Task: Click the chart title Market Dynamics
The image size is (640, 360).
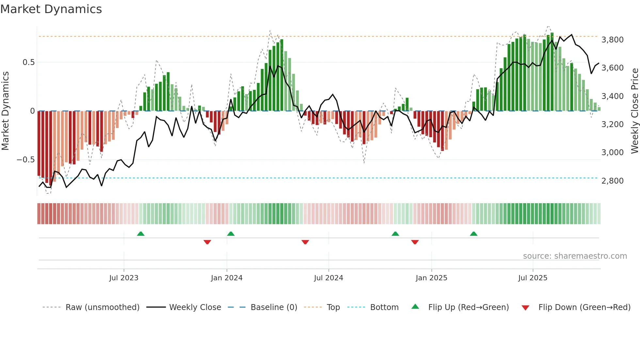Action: [x=51, y=9]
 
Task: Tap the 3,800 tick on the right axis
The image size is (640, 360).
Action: [x=612, y=40]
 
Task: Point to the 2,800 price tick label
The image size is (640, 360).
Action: [x=612, y=181]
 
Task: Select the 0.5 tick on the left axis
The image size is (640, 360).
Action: [x=28, y=62]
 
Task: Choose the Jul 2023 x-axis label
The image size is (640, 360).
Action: [x=124, y=278]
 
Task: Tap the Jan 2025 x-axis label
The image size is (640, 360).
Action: [x=431, y=278]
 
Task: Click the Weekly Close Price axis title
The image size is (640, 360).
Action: [x=634, y=111]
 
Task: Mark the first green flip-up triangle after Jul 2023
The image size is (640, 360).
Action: [x=141, y=234]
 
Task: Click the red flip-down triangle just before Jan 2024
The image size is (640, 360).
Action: [x=207, y=242]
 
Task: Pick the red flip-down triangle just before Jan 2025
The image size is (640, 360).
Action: [x=415, y=242]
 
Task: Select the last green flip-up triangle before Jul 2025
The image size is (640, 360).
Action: [x=474, y=234]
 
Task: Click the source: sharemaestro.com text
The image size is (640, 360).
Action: [x=575, y=256]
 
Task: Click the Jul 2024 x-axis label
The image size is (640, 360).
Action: [x=328, y=278]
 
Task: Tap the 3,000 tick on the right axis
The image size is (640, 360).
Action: [x=612, y=153]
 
